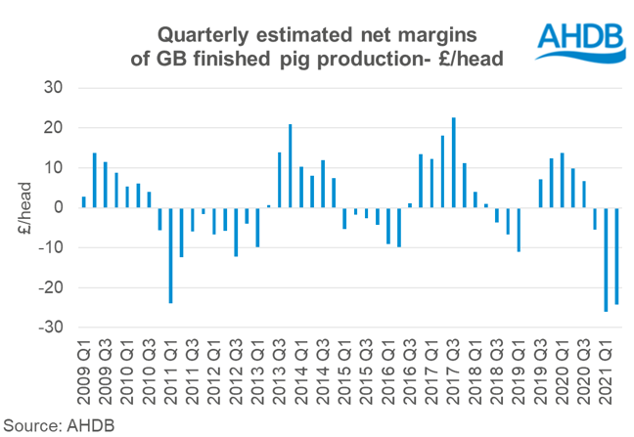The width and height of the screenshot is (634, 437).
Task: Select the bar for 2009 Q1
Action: click(83, 202)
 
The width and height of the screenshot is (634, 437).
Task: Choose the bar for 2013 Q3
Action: click(280, 180)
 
